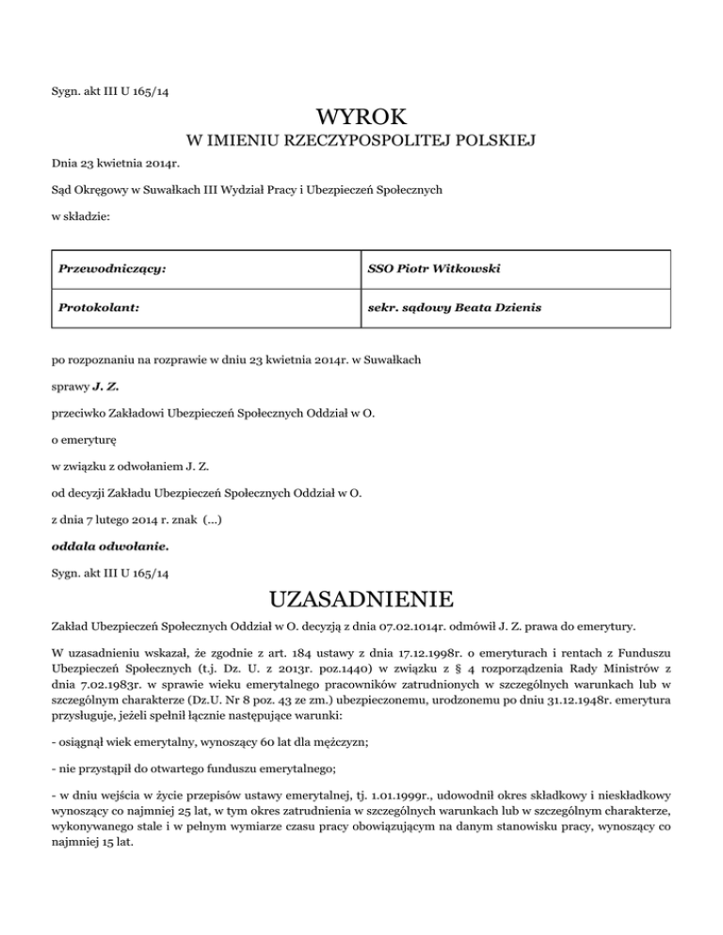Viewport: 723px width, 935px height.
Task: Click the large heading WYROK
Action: click(x=361, y=118)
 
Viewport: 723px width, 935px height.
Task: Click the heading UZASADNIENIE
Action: click(x=361, y=599)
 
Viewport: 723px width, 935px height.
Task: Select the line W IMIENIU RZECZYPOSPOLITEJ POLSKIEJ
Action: click(x=361, y=142)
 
